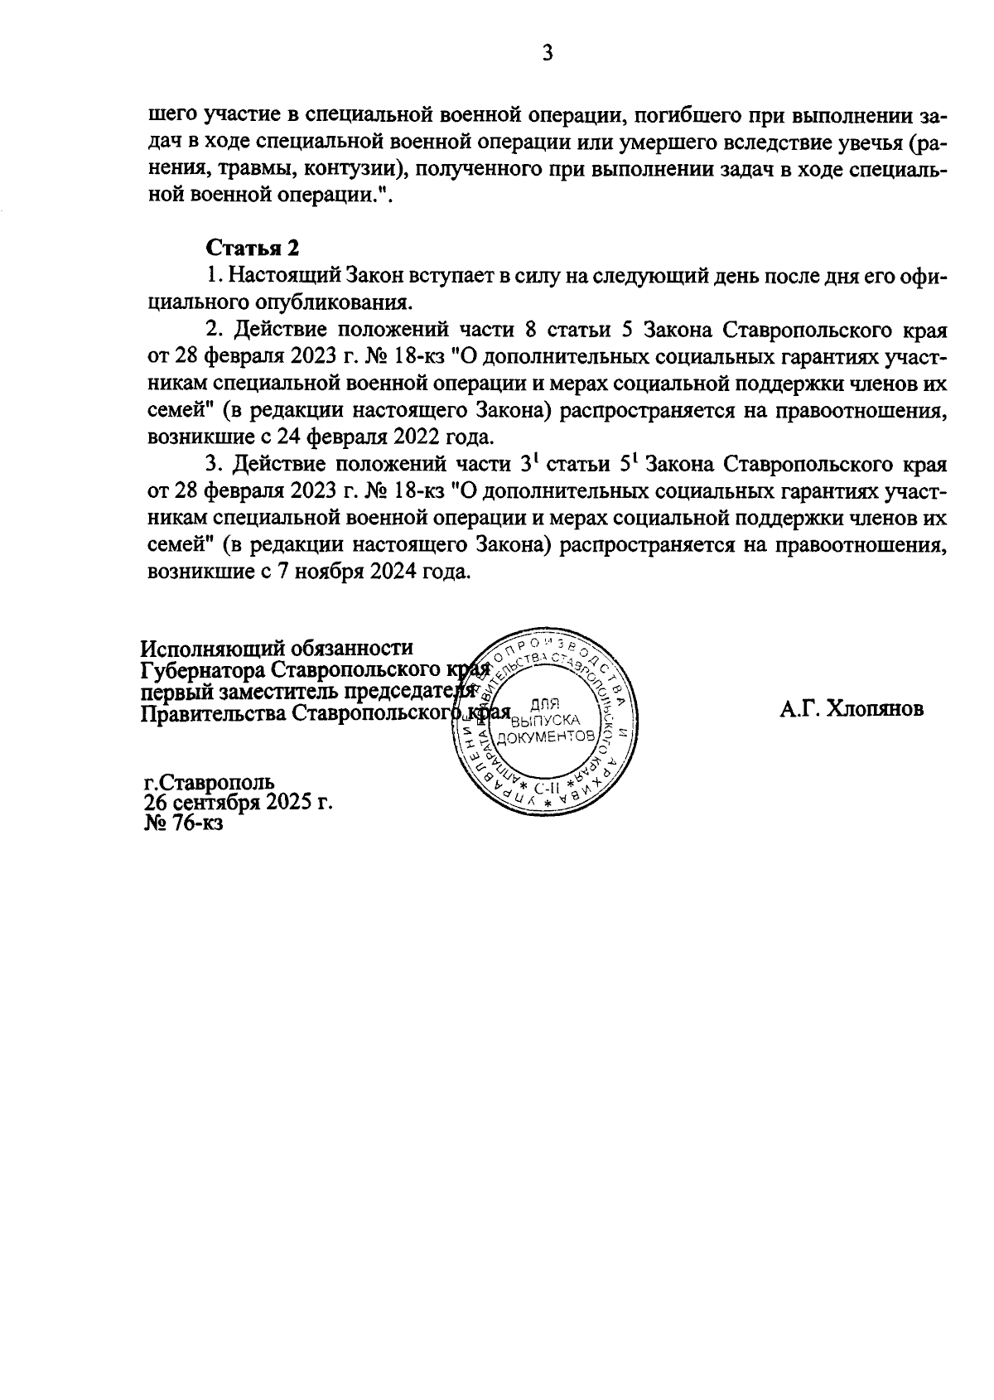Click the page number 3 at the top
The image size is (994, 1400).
coord(547,55)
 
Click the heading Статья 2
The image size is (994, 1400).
coord(251,249)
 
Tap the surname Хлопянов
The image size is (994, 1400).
coord(876,710)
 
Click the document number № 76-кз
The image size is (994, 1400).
coord(184,823)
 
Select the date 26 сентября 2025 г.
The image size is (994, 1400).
coord(238,803)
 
